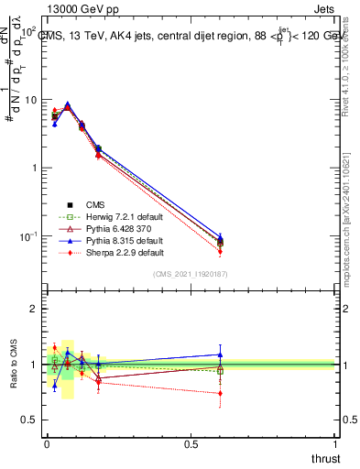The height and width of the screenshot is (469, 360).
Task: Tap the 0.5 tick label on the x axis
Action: pos(191,444)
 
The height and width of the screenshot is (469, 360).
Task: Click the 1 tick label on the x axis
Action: pos(336,444)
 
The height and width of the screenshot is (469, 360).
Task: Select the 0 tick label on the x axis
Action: pos(47,444)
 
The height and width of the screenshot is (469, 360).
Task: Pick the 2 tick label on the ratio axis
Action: pos(35,310)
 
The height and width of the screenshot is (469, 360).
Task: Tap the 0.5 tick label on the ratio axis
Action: pos(30,420)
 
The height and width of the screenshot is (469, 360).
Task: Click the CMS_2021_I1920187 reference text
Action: pos(191,274)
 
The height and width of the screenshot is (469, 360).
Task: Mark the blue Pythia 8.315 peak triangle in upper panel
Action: pos(67,104)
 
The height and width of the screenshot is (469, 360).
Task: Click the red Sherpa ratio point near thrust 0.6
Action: pos(219,393)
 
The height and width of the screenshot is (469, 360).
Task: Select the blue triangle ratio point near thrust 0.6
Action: pos(219,354)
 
